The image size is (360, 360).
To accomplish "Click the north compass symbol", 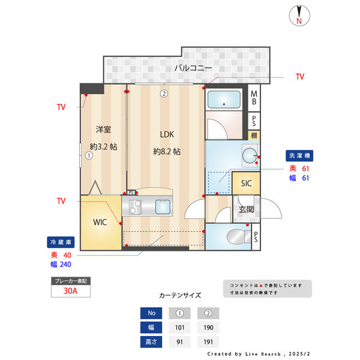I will coord(298,16).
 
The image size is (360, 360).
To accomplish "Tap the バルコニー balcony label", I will coord(193,68).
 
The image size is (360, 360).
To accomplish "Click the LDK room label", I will coord(166,134).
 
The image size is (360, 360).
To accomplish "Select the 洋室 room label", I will coord(103,129).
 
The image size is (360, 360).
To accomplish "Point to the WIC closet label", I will coord(100,221).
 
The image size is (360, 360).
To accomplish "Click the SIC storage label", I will coord(247,184).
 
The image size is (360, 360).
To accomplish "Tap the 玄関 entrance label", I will coord(246,209).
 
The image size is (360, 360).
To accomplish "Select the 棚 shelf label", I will coord(254,135).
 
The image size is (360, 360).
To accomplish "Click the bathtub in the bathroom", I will coord(224,100).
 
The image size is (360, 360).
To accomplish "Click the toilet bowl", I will coord(239,236).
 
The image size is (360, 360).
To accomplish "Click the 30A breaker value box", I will coord(71,291).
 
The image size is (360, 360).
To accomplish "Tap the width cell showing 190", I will coord(208,328).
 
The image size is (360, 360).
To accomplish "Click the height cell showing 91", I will coord(179,342).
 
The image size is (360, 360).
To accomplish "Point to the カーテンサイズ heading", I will coord(180,296).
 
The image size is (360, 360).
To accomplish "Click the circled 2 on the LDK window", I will coord(163,93).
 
